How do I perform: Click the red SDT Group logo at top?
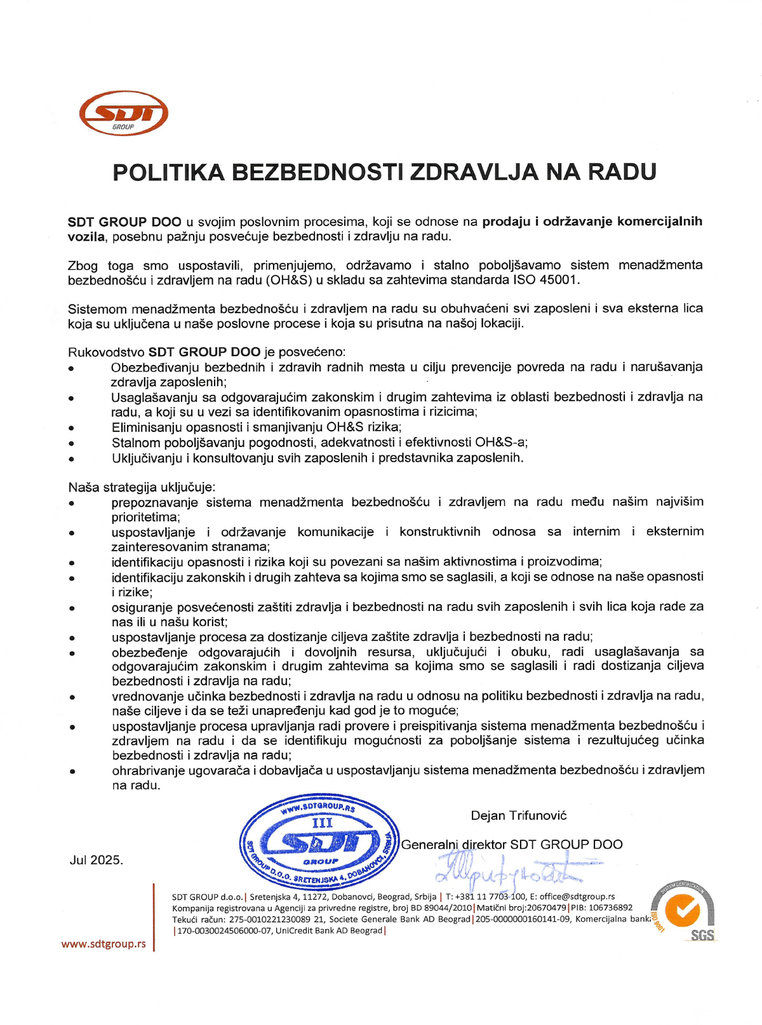124,113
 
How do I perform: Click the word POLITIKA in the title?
168,172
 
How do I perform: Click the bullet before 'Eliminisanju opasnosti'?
72,429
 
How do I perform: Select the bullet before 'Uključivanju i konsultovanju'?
72,459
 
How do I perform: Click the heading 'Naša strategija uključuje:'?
142,488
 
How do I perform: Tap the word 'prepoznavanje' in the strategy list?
154,502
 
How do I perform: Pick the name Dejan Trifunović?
518,815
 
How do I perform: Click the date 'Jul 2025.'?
96,861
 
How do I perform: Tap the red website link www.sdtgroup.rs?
104,944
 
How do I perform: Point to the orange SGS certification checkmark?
683,912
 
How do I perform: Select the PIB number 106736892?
610,908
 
